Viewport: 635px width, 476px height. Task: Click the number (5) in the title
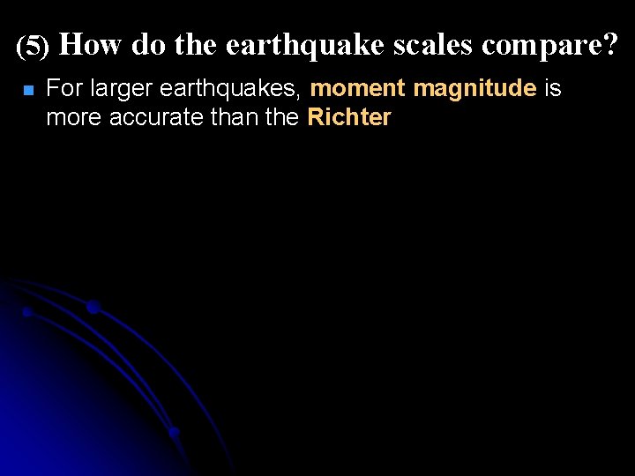point(34,47)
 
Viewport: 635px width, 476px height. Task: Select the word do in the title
point(149,45)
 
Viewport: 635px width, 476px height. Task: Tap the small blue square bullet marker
point(27,91)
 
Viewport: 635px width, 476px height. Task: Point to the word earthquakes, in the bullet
point(231,89)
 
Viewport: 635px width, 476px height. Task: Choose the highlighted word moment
point(358,89)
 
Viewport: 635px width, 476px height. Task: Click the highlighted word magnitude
point(474,89)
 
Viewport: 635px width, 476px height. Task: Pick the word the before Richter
point(281,117)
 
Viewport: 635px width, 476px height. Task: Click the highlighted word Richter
point(349,117)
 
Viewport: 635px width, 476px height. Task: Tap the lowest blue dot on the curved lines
point(174,432)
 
